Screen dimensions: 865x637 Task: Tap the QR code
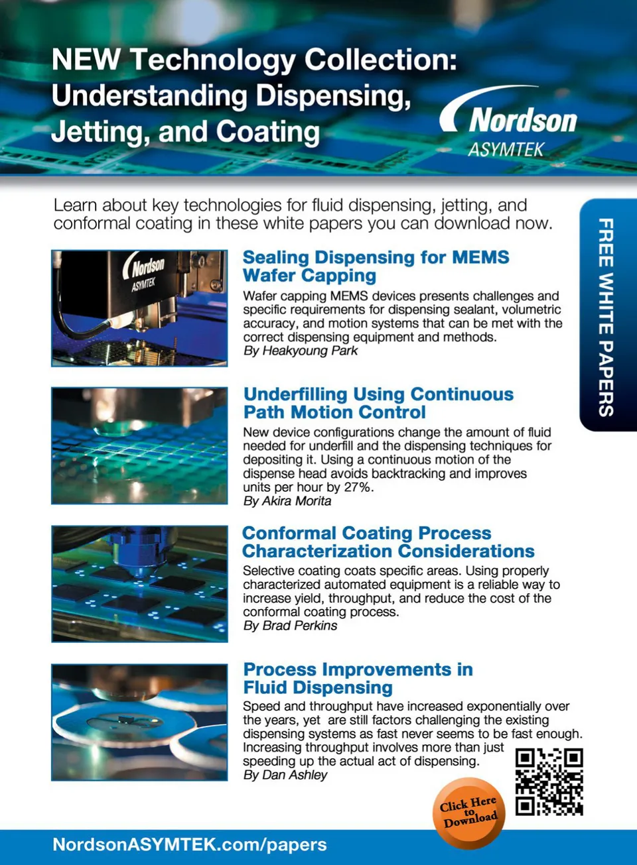549,781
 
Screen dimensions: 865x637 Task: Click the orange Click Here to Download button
469,813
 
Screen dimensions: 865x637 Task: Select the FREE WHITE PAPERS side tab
606,316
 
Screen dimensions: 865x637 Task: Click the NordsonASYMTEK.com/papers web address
190,844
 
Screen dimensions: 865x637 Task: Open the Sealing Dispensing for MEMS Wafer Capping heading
376,266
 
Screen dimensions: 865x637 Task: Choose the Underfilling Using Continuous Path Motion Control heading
378,403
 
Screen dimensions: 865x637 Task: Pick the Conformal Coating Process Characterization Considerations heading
388,542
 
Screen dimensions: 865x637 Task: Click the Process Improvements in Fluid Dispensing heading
358,678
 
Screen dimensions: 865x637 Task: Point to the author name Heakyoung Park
310,351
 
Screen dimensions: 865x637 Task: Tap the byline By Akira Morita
287,501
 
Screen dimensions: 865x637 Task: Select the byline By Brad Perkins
290,626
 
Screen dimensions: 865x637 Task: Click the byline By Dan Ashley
285,775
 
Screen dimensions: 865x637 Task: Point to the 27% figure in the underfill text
358,487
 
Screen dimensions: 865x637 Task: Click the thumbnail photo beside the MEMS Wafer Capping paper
139,308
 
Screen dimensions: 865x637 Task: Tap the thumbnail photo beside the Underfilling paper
139,445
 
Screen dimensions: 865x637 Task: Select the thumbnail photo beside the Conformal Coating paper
139,584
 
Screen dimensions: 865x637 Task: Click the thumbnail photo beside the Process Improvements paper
139,722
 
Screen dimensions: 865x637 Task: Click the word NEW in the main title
86,60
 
